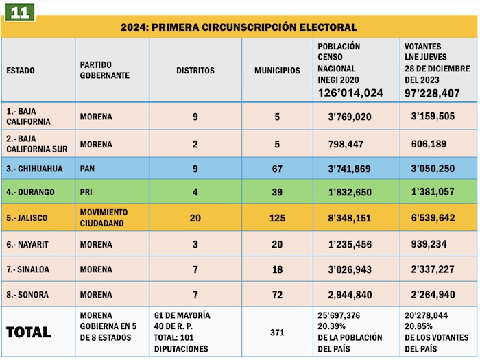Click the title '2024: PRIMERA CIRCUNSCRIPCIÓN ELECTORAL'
pos(239,27)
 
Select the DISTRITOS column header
pos(195,71)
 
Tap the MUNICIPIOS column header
pos(277,71)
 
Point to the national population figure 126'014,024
pos(350,93)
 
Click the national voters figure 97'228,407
pos(432,93)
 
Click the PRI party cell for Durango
pos(86,192)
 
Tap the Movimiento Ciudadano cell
pos(104,217)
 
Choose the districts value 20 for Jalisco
pos(195,217)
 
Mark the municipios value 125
pos(277,217)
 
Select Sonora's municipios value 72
pos(277,295)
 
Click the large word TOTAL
pos(28,333)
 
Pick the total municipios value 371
pos(277,333)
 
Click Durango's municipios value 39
pos(277,192)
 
